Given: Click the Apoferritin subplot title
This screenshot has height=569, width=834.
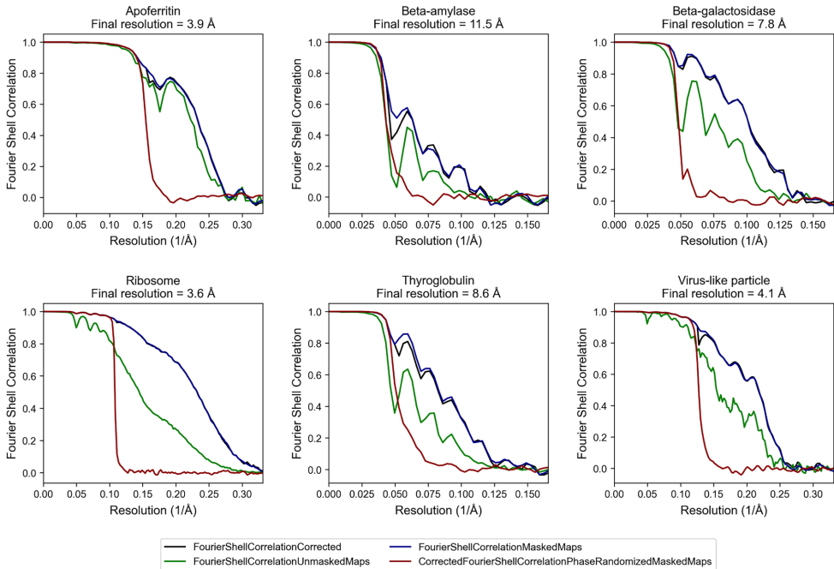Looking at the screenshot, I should [152, 9].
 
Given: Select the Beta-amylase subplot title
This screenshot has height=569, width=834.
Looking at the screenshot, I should [438, 9].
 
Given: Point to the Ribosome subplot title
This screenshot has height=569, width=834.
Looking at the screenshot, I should [152, 279].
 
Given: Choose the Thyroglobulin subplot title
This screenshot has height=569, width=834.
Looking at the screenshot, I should [438, 279].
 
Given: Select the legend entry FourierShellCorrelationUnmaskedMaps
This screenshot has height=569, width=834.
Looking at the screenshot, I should [265, 561].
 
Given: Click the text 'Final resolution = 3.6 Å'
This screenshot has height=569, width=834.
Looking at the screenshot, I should [152, 293].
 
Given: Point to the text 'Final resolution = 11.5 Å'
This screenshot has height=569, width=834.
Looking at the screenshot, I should [438, 23].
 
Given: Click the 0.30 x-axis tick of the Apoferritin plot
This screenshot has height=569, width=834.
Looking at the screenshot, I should [243, 225].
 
